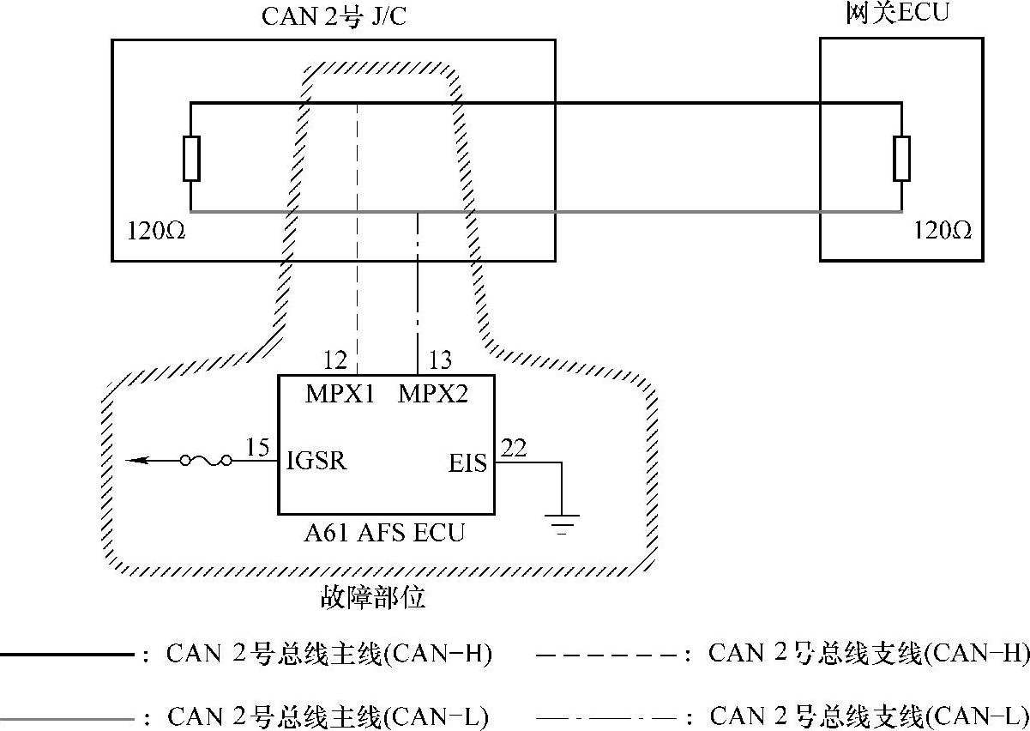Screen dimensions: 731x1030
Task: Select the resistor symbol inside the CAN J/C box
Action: (x=191, y=158)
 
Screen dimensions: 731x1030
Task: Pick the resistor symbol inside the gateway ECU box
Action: (x=901, y=158)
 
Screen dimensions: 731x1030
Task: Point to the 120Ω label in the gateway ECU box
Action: (x=943, y=232)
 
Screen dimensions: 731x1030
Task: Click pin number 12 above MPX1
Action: (x=336, y=359)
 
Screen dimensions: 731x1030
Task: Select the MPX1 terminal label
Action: (x=340, y=396)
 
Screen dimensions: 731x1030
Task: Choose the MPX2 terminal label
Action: (x=434, y=396)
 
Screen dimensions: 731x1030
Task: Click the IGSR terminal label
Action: (x=318, y=462)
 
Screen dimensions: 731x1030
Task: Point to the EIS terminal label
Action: (x=468, y=463)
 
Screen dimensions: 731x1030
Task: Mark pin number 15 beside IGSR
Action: (x=256, y=447)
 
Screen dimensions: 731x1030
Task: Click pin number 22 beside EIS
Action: (x=515, y=447)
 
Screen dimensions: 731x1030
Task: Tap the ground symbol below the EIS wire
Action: (x=563, y=522)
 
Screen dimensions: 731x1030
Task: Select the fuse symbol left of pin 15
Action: (x=206, y=462)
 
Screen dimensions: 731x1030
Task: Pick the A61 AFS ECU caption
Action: (x=384, y=533)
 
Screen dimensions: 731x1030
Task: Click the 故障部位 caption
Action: (x=373, y=597)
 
